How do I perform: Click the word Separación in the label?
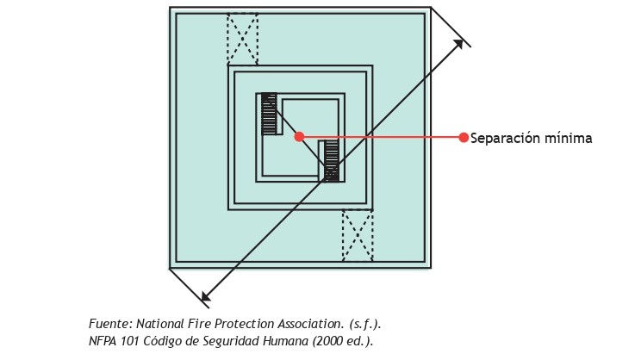coord(504,139)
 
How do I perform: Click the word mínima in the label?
coord(568,138)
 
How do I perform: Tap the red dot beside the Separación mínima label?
coord(464,137)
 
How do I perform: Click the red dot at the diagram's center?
coord(299,136)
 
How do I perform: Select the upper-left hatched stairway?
coord(269,115)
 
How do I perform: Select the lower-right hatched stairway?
coord(331,160)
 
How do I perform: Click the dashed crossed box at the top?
coord(242,39)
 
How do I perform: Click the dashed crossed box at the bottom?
coord(358,235)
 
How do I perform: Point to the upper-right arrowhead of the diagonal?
coord(458,44)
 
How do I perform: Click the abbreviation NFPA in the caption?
coord(103,341)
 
